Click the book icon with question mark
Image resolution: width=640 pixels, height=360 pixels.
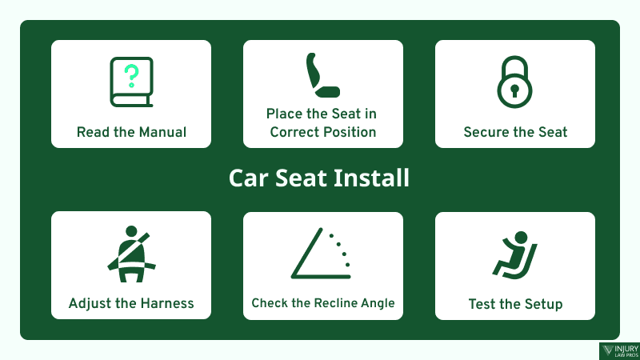[x=131, y=83]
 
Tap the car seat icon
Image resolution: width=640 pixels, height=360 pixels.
[x=322, y=75]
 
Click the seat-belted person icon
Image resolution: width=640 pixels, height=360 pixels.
[x=130, y=254]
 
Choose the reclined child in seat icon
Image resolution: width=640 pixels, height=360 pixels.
[x=515, y=254]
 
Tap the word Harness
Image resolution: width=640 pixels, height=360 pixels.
[x=164, y=304]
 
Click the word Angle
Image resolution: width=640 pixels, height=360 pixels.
[x=376, y=303]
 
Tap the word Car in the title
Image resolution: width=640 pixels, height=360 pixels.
[x=247, y=178]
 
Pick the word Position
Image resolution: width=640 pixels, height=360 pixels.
[x=349, y=132]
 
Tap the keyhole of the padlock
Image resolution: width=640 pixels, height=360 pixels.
[x=514, y=90]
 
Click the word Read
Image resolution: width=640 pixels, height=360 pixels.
[x=93, y=132]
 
